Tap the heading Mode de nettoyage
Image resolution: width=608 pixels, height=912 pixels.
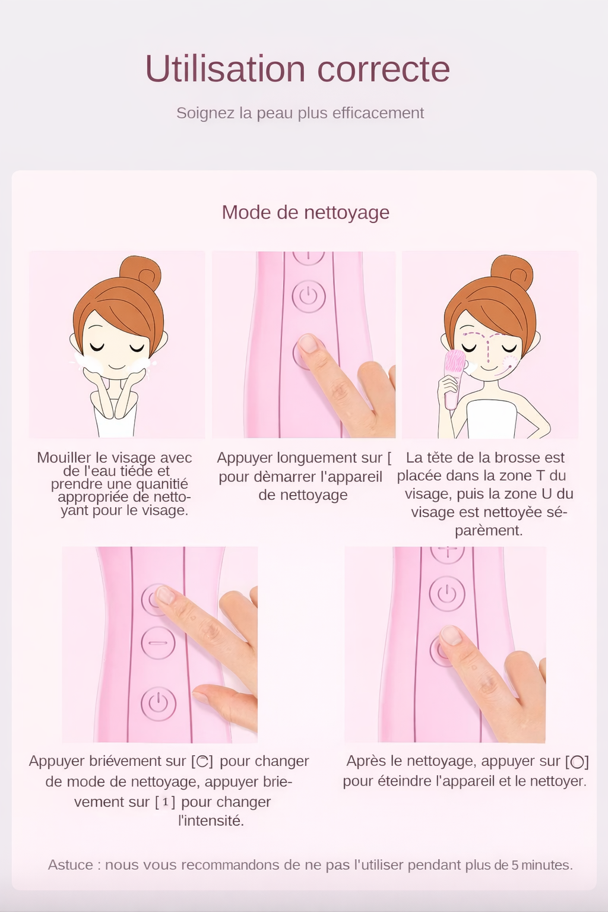coord(305,212)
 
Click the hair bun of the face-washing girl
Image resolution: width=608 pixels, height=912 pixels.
coord(141,273)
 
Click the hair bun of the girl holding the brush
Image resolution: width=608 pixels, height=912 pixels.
coord(512,272)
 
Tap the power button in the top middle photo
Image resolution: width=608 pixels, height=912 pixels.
coord(308,296)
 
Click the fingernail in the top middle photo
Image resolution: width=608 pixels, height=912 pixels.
coord(308,343)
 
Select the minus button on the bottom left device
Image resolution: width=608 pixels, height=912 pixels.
coord(158,643)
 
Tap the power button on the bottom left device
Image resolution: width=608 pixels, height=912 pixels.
coord(158,703)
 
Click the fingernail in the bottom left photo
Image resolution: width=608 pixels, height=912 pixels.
coord(164,594)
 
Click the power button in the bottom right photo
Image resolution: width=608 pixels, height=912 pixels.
coord(446,594)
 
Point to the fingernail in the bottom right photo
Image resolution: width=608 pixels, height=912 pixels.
coord(451,635)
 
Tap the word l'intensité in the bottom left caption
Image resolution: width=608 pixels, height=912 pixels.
coord(211,821)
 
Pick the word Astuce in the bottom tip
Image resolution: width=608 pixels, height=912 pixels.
coord(70,864)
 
